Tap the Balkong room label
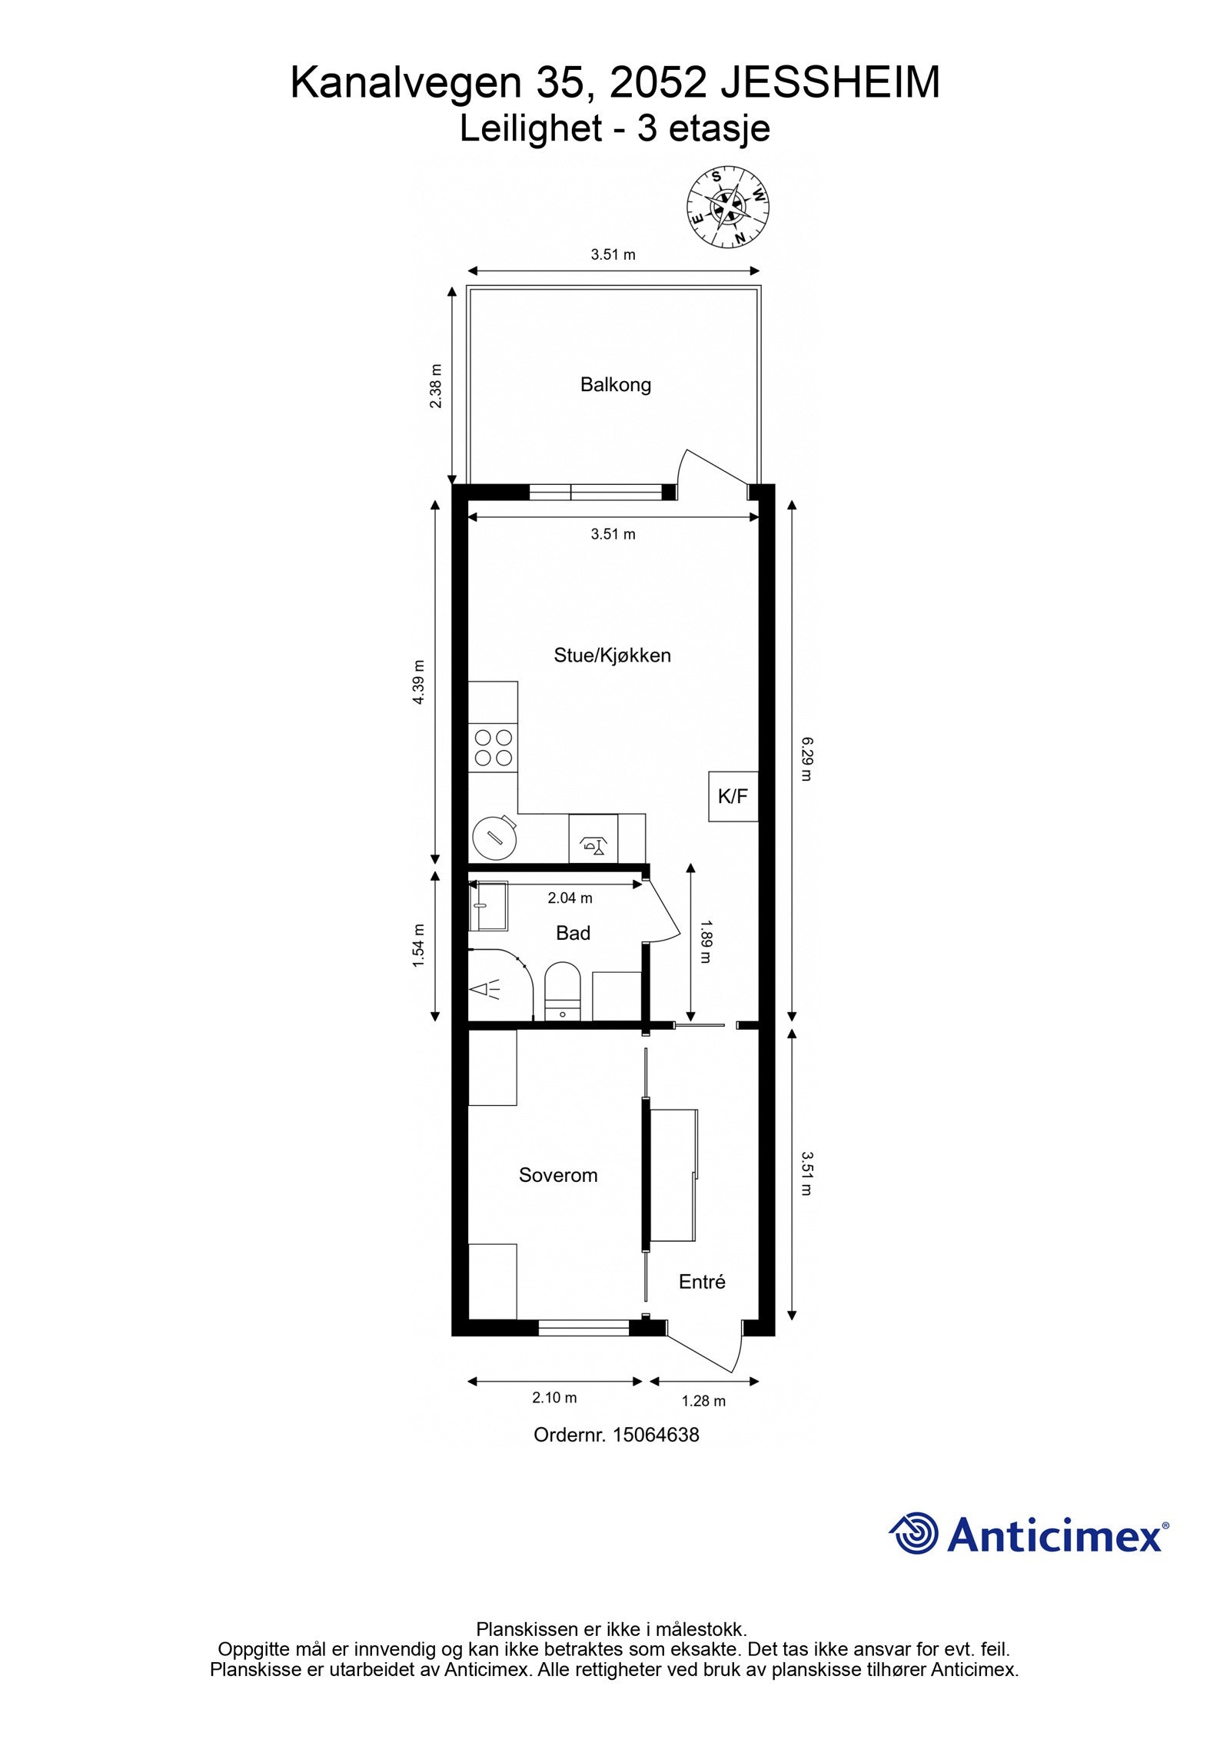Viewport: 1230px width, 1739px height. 615,384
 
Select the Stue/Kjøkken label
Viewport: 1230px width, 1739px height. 612,655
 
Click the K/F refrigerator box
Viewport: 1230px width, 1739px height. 733,796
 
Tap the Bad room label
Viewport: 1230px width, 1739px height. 573,933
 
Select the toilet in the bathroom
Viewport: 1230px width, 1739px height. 563,991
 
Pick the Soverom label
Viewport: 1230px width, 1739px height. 557,1175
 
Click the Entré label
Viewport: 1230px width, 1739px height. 701,1282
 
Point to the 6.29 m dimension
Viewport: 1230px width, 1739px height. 806,758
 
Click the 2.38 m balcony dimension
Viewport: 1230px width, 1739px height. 436,385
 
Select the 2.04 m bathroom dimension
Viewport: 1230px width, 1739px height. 570,898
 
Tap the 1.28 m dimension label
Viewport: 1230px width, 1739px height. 703,1401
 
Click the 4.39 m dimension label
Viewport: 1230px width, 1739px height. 418,682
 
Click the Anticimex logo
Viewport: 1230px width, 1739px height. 1029,1534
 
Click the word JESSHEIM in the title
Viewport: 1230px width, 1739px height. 829,83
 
